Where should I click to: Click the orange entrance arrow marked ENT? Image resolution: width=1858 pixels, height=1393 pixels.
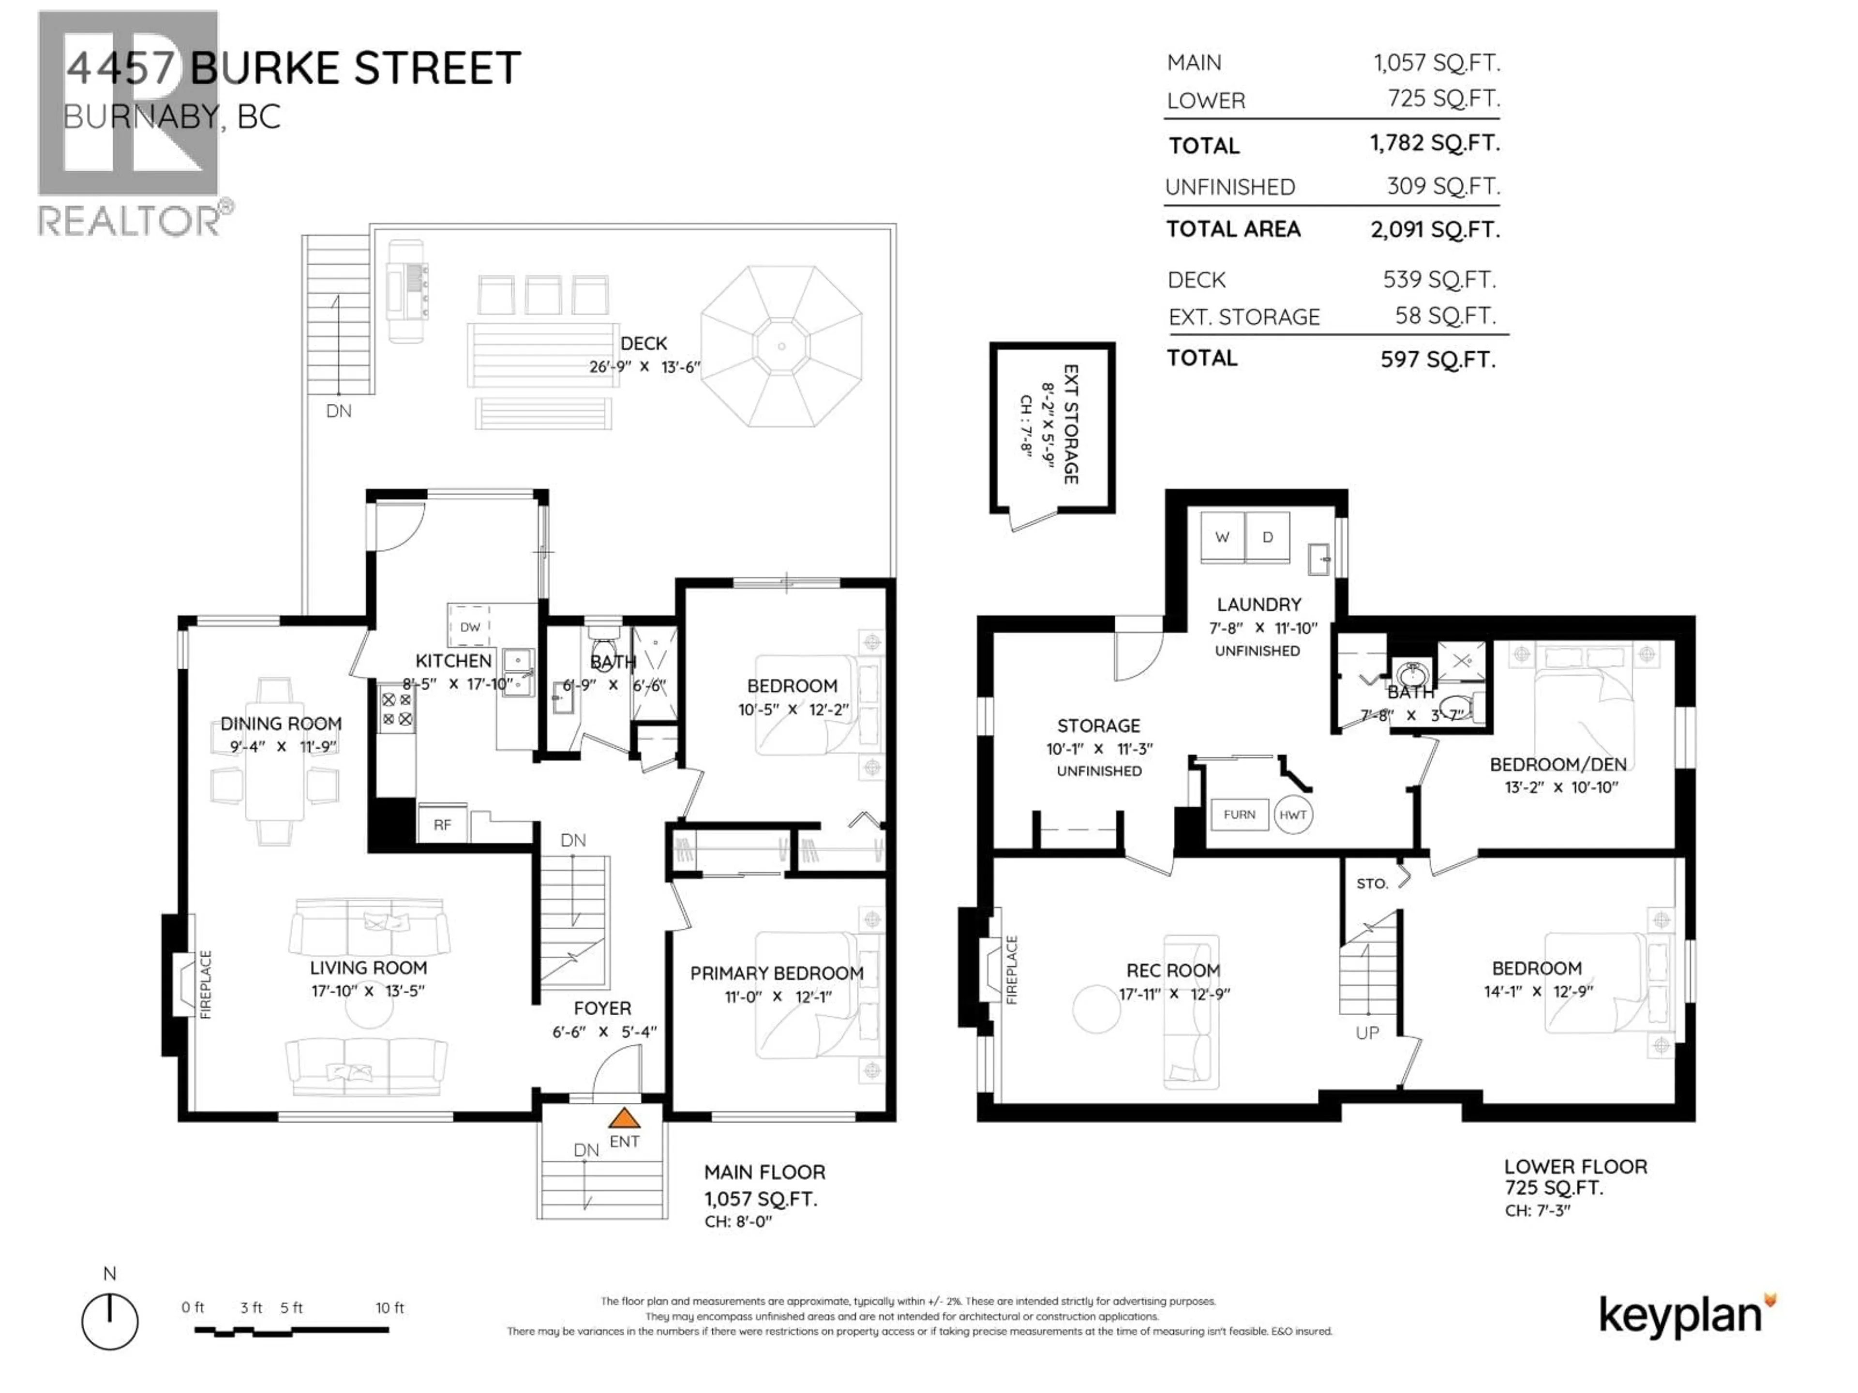pyautogui.click(x=623, y=1118)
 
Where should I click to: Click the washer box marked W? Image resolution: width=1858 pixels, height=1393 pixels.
pyautogui.click(x=1222, y=537)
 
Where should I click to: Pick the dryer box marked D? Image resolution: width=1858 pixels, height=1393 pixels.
pyautogui.click(x=1268, y=537)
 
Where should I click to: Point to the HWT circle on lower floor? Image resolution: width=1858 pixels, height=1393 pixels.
pyautogui.click(x=1293, y=815)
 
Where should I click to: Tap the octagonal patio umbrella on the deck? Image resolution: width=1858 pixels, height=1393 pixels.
pyautogui.click(x=781, y=346)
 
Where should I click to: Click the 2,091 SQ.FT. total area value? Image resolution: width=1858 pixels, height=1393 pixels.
pyautogui.click(x=1435, y=229)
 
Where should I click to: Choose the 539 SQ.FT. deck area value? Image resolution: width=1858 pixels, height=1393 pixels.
pyautogui.click(x=1439, y=280)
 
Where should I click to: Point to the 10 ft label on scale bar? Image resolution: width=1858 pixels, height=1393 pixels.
pyautogui.click(x=390, y=1307)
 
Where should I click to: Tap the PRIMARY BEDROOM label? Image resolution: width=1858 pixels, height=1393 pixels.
pyautogui.click(x=776, y=973)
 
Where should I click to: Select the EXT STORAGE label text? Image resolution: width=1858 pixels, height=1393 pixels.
pyautogui.click(x=1071, y=424)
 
